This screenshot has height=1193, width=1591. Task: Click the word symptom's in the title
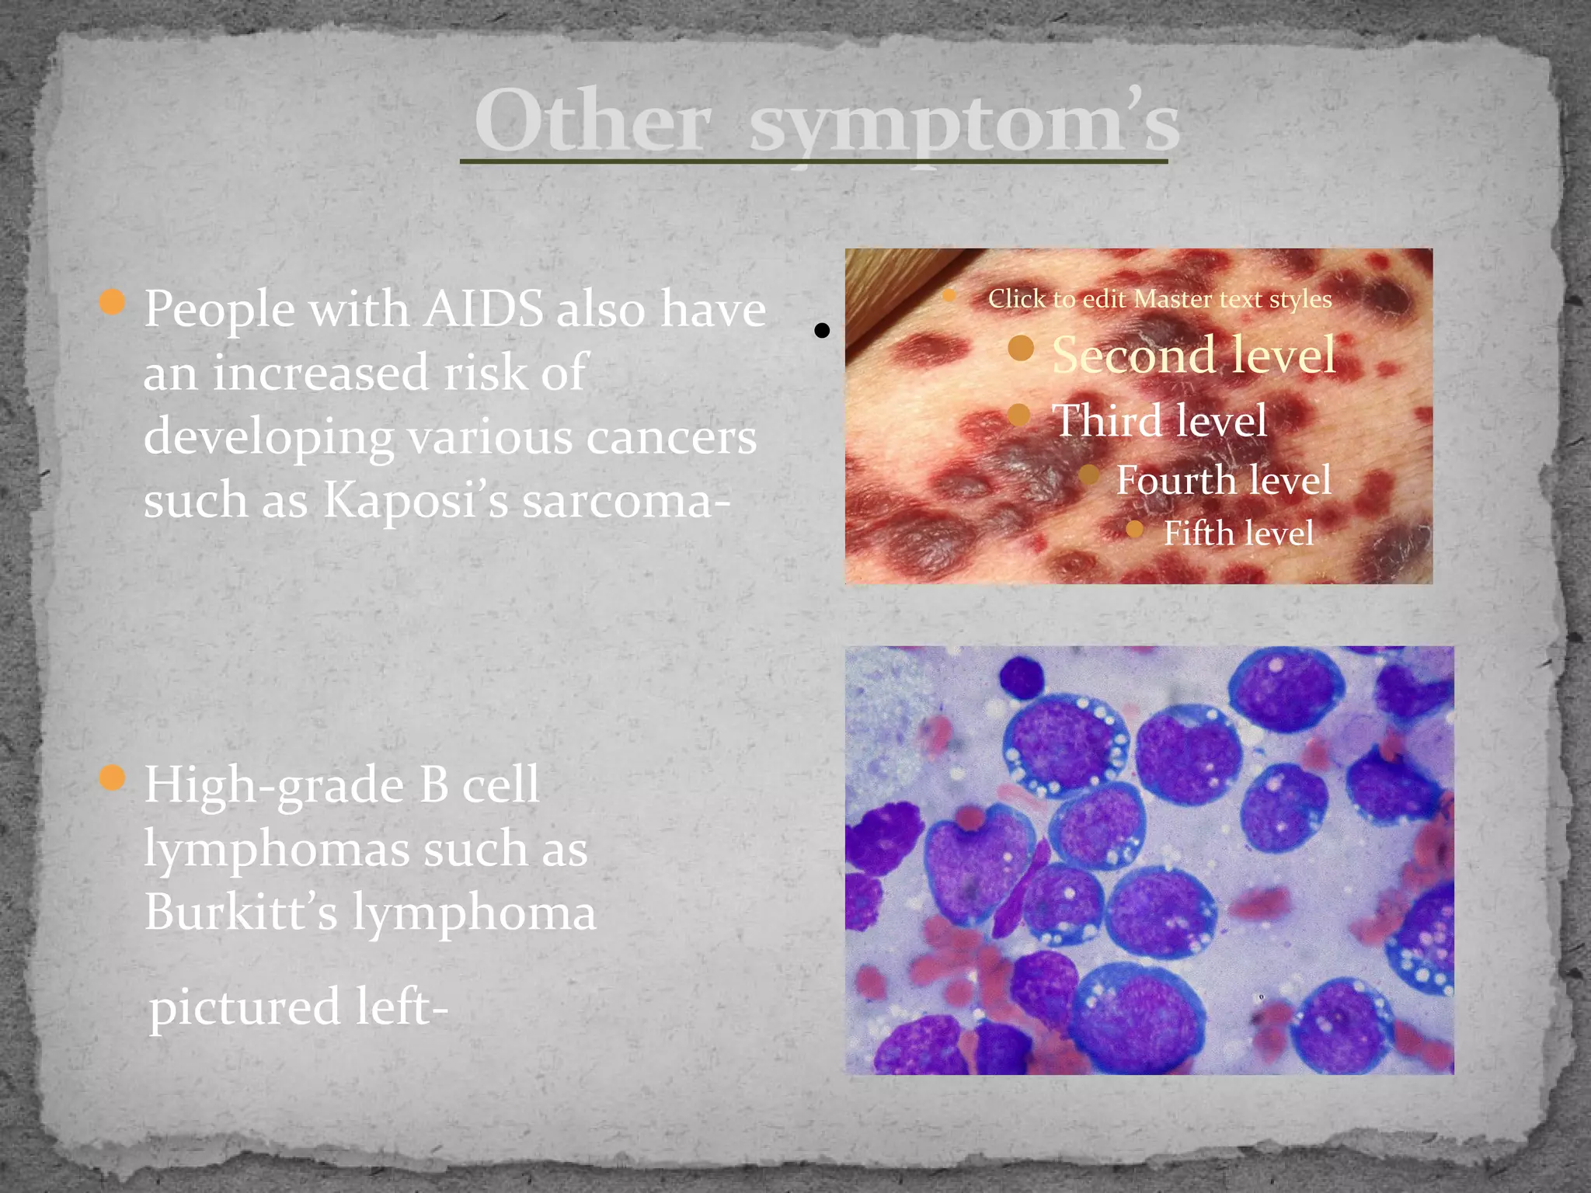tap(963, 123)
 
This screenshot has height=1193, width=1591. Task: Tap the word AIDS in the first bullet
tap(483, 309)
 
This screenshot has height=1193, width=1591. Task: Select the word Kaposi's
tap(415, 500)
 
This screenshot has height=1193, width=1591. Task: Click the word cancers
tap(671, 437)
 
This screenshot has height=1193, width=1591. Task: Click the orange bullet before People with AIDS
tap(113, 301)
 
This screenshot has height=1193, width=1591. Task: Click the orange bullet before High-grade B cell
tap(113, 777)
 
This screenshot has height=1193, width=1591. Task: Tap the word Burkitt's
tap(241, 912)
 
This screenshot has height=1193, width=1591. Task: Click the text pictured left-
tap(298, 1007)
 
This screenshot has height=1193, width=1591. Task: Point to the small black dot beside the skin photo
tap(822, 331)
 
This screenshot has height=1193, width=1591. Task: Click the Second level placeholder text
tap(1193, 355)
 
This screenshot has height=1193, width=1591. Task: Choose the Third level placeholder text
tap(1159, 421)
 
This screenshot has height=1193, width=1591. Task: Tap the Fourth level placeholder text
tap(1224, 480)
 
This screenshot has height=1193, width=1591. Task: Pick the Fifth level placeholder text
tap(1238, 534)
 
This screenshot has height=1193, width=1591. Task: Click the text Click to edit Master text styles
tap(1159, 299)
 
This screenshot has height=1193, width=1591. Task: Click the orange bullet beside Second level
tap(1021, 349)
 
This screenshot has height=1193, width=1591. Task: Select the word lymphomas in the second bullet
tap(277, 850)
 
